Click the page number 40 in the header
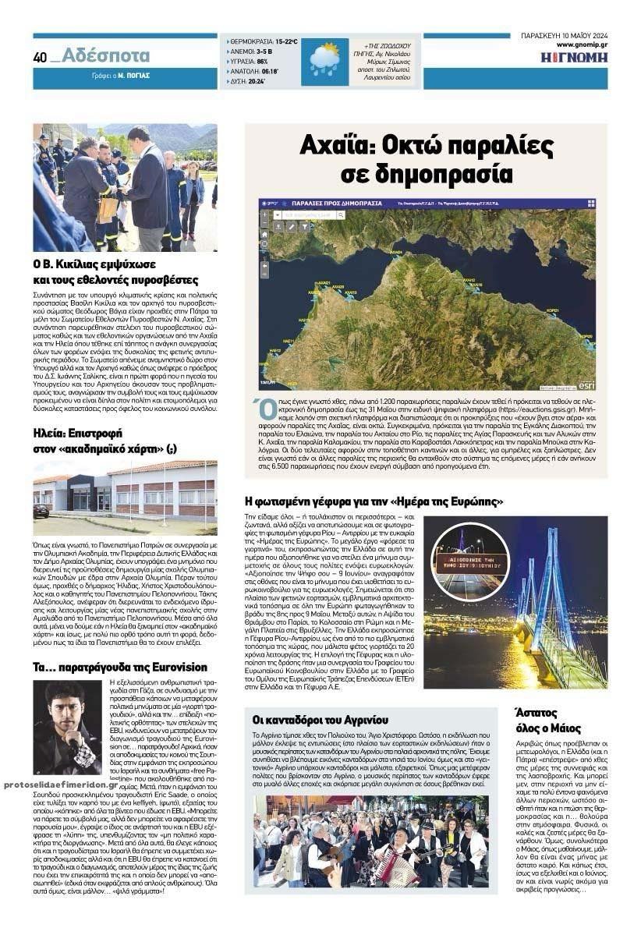[40, 57]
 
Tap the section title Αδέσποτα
[105, 55]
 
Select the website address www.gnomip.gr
[577, 46]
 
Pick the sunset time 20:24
[255, 80]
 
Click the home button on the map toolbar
[265, 233]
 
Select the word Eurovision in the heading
[178, 668]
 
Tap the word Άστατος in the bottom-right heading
[537, 712]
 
